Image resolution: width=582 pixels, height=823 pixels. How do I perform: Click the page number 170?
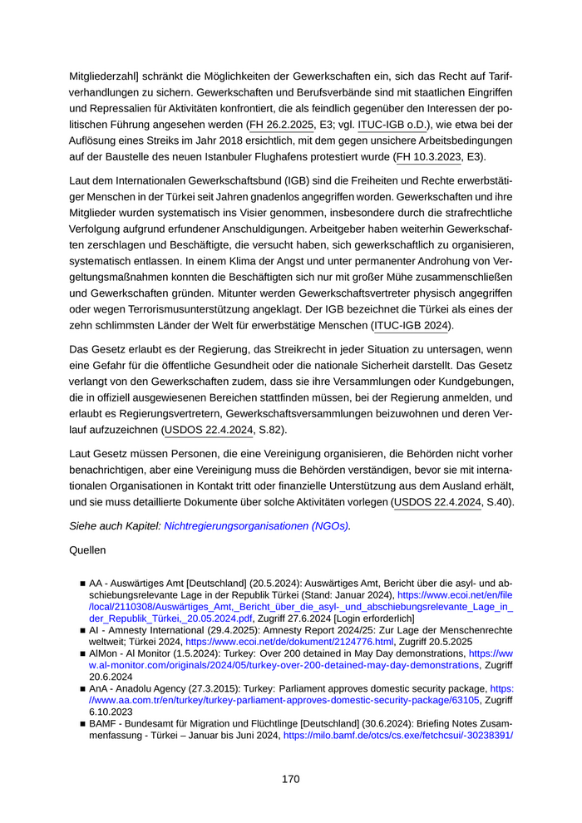click(x=290, y=779)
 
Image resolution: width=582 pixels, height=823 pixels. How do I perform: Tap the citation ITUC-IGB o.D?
click(x=396, y=125)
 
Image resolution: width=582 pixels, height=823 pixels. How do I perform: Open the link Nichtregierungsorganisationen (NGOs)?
click(x=257, y=526)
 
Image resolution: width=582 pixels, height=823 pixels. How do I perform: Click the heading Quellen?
click(x=87, y=550)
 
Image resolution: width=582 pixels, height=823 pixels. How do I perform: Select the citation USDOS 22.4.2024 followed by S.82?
click(x=208, y=430)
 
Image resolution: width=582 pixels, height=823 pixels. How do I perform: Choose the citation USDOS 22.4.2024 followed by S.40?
click(x=437, y=502)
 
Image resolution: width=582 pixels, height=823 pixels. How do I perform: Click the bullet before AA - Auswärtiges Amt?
click(x=82, y=584)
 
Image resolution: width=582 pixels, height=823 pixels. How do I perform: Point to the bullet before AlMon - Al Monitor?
click(x=82, y=655)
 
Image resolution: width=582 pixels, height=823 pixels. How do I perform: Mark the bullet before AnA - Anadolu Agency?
click(x=82, y=690)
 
